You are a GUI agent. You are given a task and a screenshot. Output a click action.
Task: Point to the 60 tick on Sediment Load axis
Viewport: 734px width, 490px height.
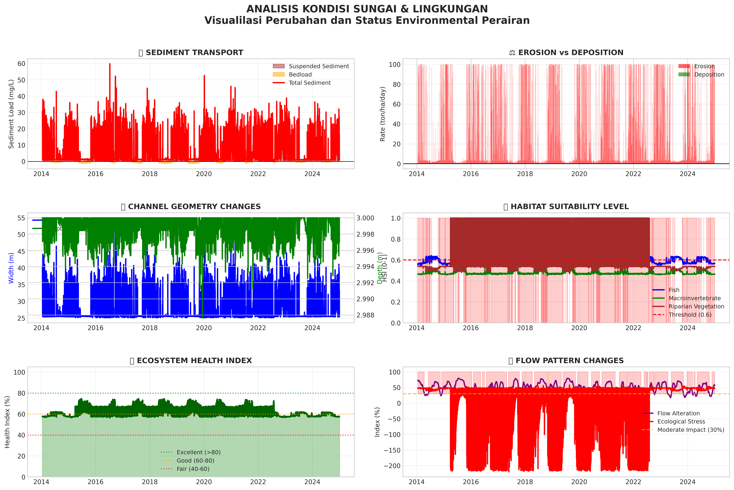tap(21, 64)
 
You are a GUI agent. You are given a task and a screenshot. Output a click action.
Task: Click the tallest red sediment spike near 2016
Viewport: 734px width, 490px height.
tap(110, 64)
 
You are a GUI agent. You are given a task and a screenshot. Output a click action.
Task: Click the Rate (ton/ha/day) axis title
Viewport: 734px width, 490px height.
tap(383, 114)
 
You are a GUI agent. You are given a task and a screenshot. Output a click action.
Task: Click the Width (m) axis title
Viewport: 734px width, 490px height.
tap(11, 268)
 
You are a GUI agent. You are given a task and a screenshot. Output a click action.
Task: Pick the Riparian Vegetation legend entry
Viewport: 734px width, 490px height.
tap(696, 307)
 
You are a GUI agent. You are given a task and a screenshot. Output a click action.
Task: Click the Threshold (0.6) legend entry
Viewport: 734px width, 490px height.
tap(690, 315)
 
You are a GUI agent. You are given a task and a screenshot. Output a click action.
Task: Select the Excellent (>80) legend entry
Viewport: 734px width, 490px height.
tap(199, 452)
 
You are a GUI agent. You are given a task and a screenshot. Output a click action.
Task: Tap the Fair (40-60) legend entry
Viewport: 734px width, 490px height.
tap(193, 469)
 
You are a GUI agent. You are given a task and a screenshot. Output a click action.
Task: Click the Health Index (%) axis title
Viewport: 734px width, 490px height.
tap(8, 422)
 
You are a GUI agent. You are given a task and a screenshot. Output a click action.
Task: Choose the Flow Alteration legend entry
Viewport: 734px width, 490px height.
tap(678, 413)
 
